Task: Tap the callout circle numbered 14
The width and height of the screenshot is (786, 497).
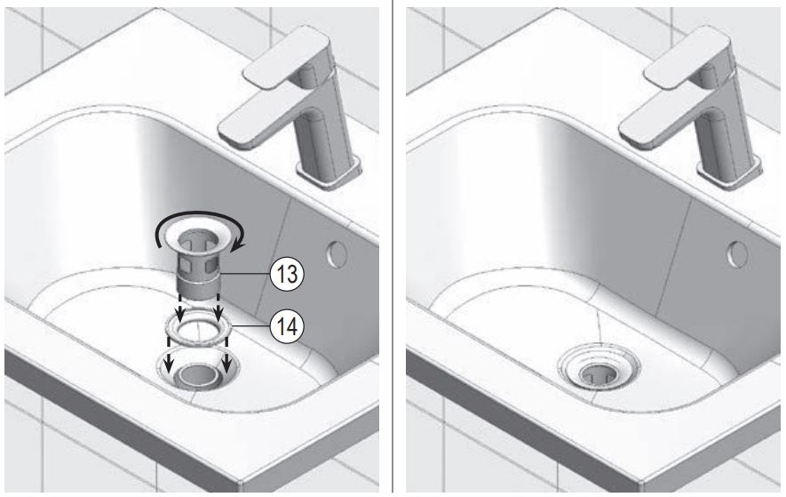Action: tap(286, 327)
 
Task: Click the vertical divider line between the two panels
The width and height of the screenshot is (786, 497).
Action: tap(393, 249)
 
